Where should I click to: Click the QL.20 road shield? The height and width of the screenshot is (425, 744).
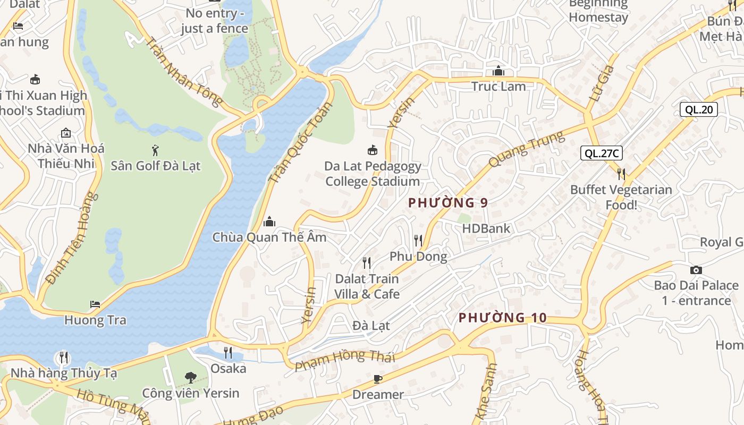(x=699, y=109)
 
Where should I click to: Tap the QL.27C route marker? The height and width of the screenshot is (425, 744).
(x=601, y=154)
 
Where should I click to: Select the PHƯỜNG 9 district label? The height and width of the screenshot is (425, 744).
(x=448, y=202)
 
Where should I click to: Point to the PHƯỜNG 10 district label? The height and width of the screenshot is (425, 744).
(x=502, y=318)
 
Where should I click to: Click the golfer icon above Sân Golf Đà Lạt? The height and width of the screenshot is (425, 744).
(x=155, y=150)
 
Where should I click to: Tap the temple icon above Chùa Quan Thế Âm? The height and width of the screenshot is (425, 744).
(x=269, y=221)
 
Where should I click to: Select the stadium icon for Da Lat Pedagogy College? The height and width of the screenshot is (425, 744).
(x=373, y=150)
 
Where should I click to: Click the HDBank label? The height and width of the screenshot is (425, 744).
(x=486, y=228)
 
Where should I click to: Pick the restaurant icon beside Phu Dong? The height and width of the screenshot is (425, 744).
(x=418, y=241)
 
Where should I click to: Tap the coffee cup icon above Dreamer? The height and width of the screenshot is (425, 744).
(x=378, y=379)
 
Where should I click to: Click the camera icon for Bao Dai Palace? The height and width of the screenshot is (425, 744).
(x=696, y=270)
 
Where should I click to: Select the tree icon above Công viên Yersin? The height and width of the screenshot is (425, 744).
(x=190, y=378)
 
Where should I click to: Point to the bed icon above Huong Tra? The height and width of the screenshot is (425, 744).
(x=95, y=304)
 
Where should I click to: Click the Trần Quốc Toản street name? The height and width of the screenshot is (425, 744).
(x=300, y=143)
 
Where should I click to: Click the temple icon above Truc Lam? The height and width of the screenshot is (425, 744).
(x=498, y=71)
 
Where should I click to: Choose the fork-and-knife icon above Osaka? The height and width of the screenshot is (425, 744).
(x=228, y=352)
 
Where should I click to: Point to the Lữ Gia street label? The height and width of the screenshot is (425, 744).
(x=602, y=83)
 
